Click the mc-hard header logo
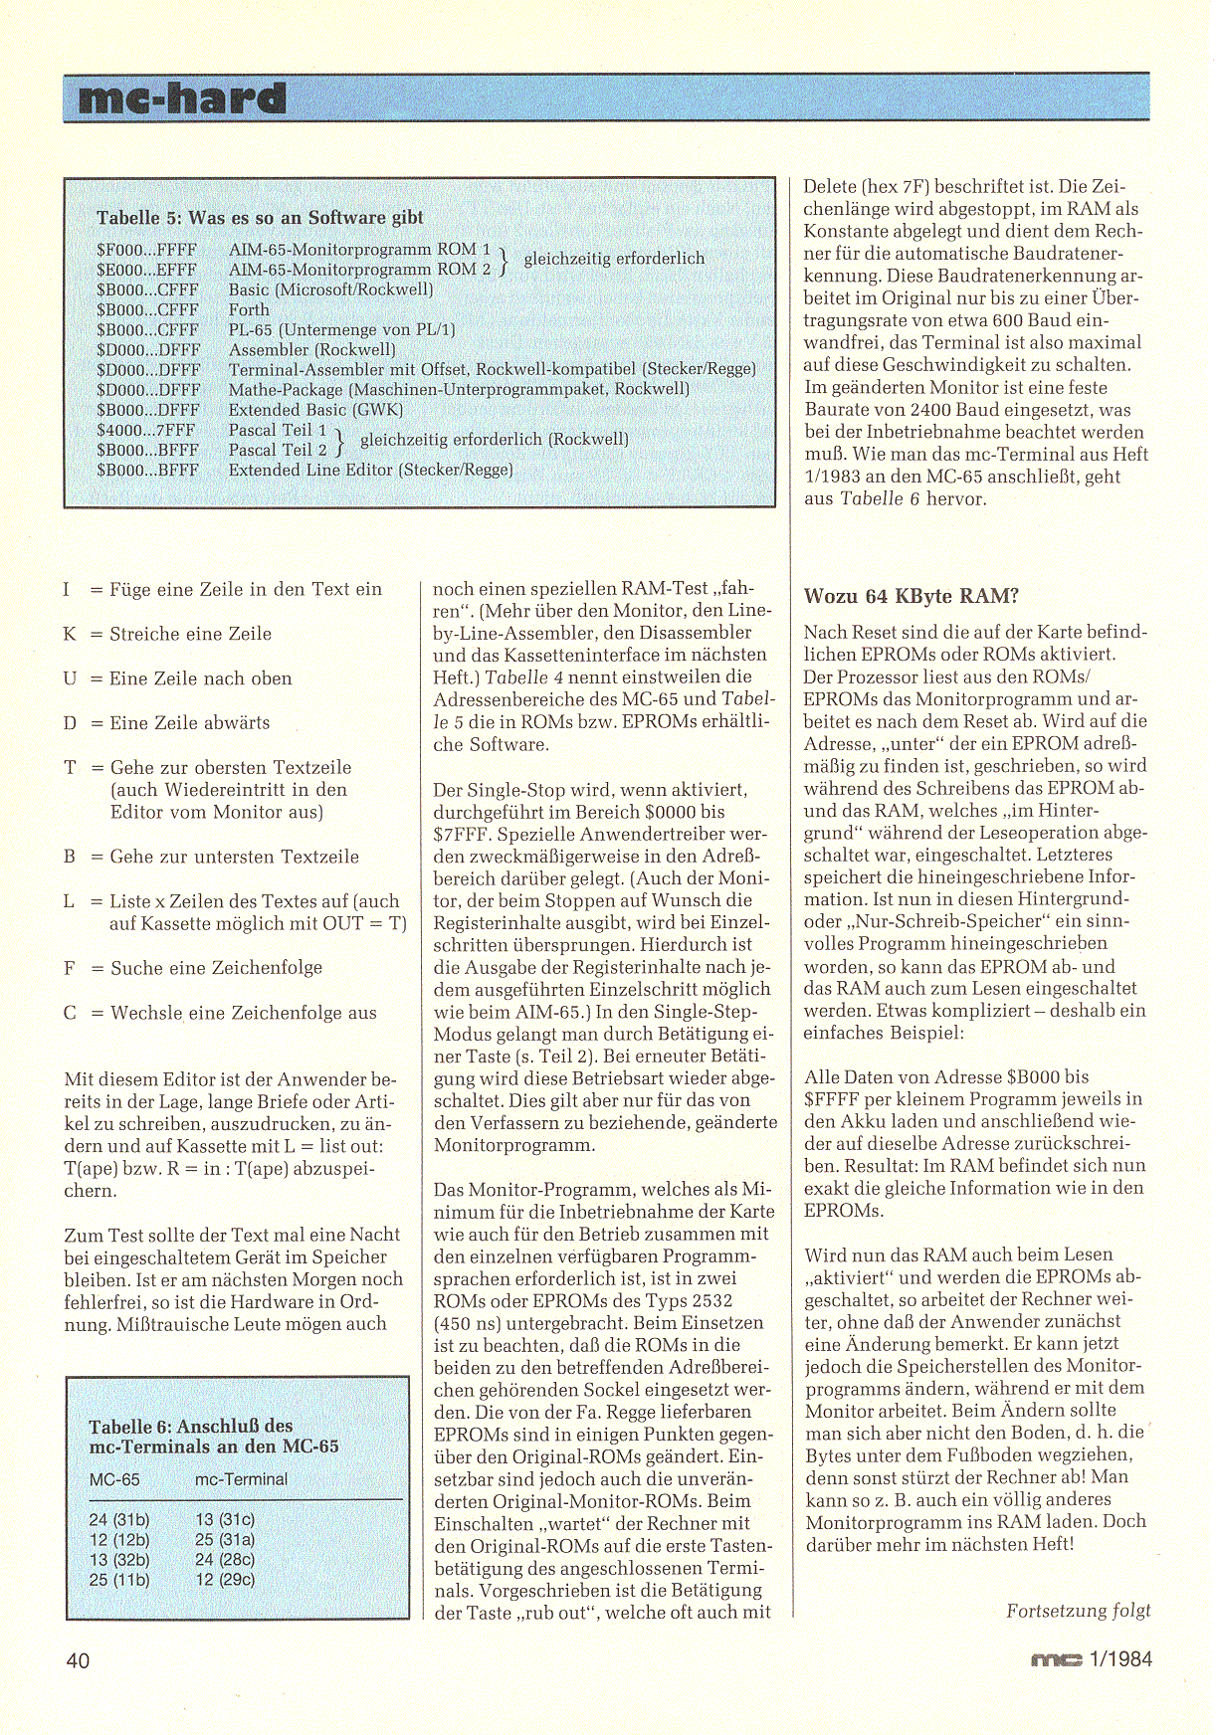(182, 98)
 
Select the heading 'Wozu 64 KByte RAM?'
(911, 596)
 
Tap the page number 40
(79, 1660)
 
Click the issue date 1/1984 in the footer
(1120, 1659)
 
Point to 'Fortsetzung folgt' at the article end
(1078, 1610)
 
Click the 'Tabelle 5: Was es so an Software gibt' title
(260, 218)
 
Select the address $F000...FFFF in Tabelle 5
(146, 250)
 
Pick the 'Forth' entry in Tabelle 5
(249, 309)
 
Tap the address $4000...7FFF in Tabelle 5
(147, 430)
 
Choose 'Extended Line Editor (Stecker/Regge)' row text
(370, 470)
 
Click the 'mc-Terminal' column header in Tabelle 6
(241, 1479)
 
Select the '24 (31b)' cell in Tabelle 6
(119, 1519)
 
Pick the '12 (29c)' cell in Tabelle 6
(225, 1579)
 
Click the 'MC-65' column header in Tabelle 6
(114, 1479)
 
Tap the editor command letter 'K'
(70, 634)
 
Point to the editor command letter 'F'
(70, 967)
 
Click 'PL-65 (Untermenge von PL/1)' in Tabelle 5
(341, 329)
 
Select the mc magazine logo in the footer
(1055, 1659)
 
